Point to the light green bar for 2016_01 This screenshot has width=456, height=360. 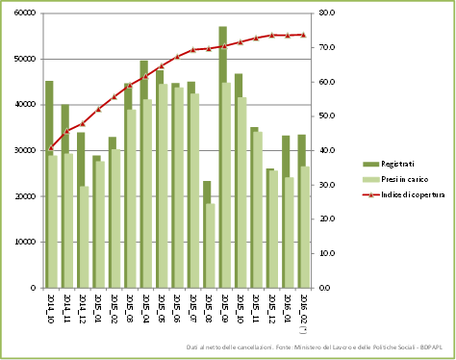click(x=290, y=232)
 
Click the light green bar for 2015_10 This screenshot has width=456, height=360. click(x=242, y=192)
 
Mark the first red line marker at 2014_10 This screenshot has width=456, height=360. click(x=51, y=148)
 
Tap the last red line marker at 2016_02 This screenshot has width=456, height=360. click(x=303, y=35)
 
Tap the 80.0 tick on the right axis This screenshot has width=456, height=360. click(x=326, y=13)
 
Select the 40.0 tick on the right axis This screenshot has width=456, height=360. click(x=326, y=151)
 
